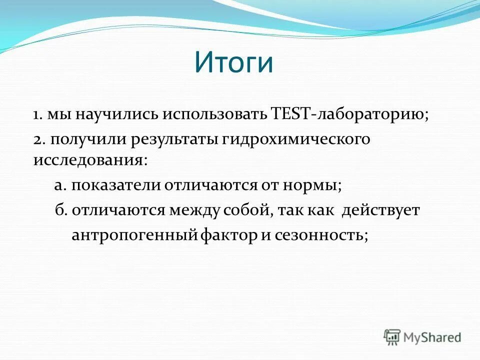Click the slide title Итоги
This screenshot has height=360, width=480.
[233, 63]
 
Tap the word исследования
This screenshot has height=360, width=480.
[90, 161]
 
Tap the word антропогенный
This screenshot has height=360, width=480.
[135, 235]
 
